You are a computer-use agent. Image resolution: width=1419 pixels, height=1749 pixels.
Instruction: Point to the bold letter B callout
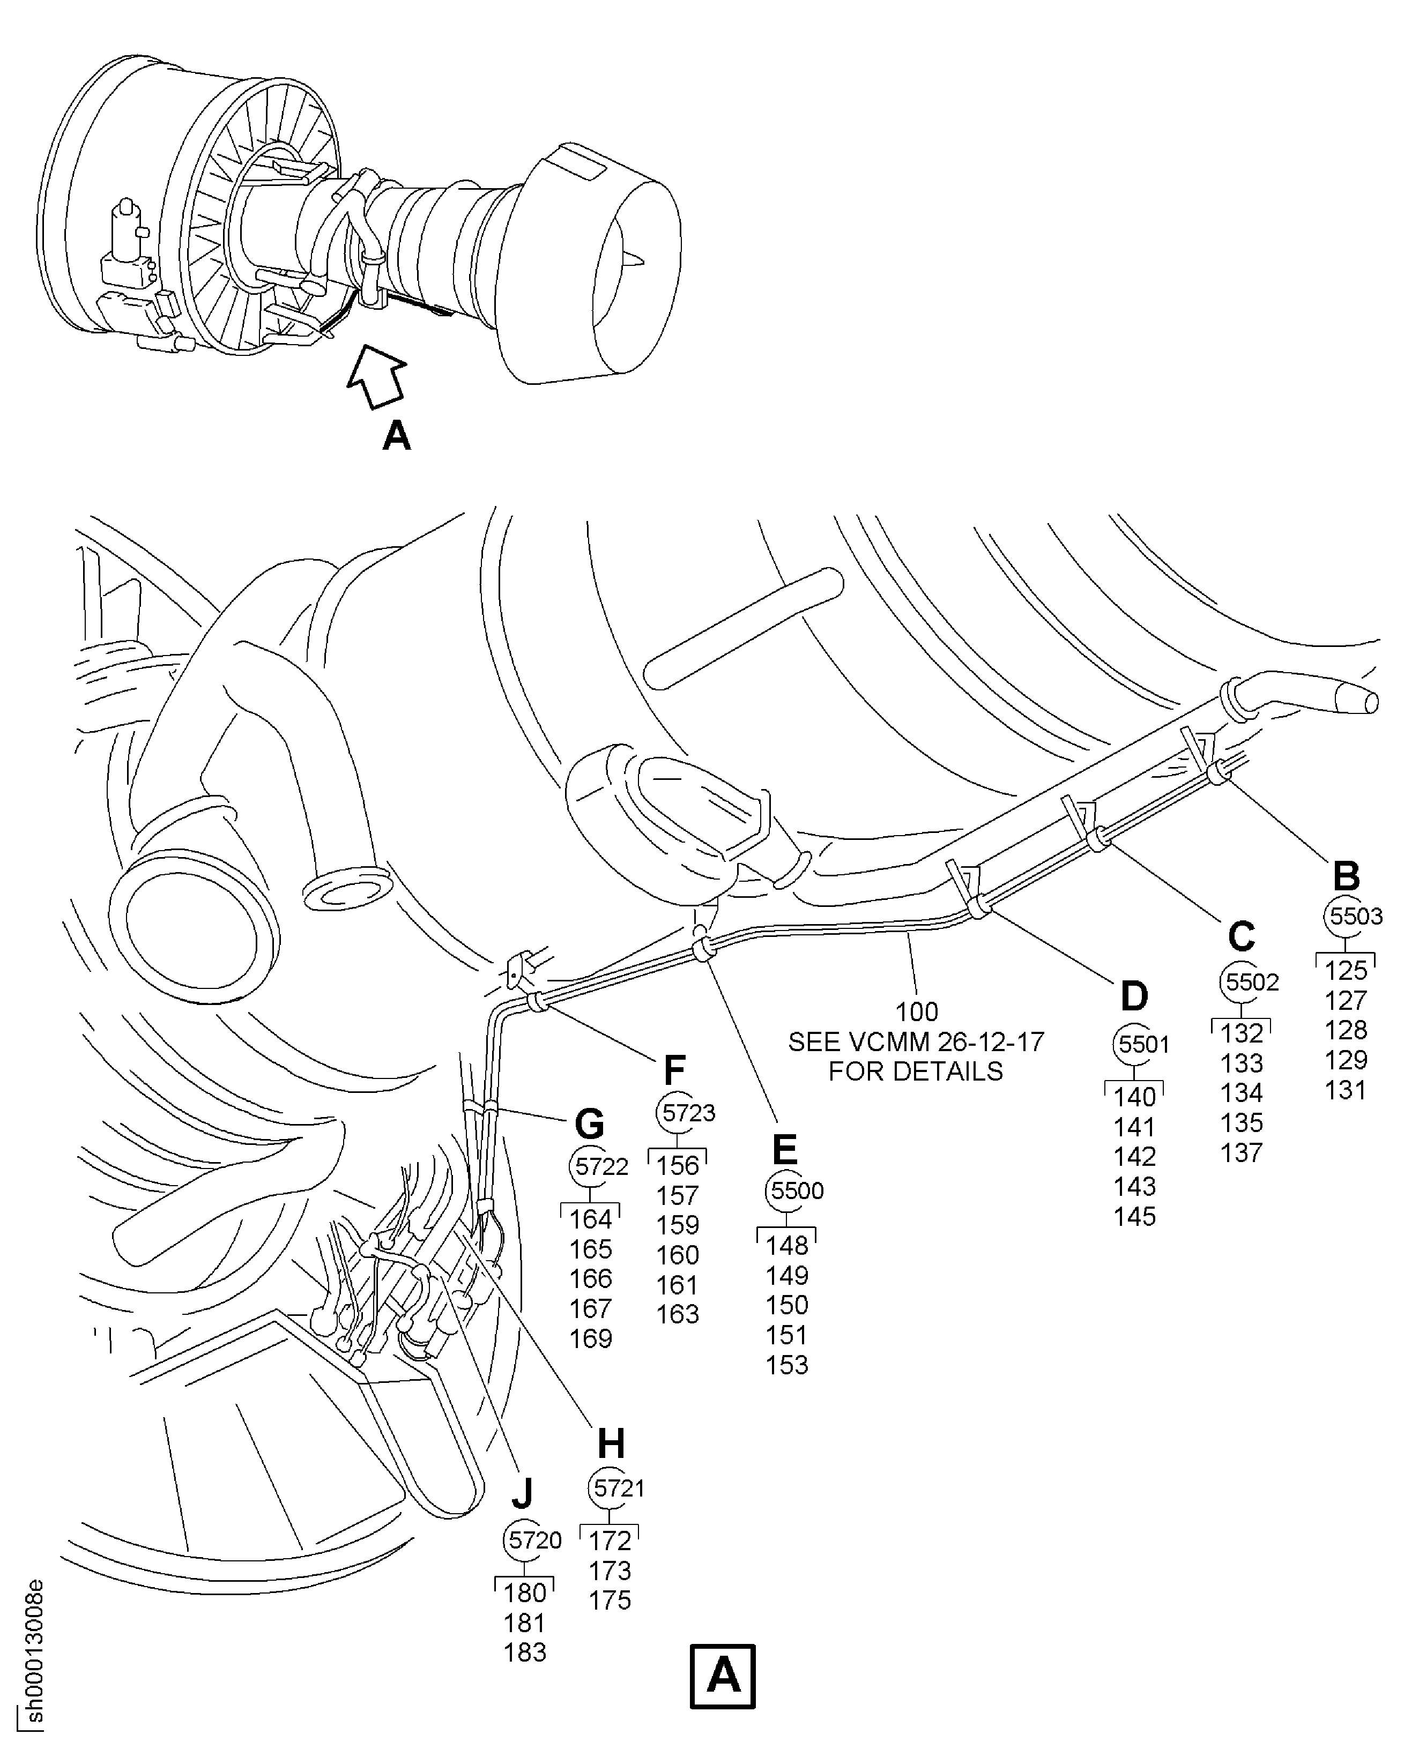click(1346, 876)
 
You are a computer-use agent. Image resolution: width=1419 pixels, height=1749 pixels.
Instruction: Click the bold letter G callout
click(589, 1125)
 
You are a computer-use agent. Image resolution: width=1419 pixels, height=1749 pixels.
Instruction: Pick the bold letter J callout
click(522, 1493)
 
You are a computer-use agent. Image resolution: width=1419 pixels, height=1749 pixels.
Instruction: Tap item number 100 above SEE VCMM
click(916, 1012)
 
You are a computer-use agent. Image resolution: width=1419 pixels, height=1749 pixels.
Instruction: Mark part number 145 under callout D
click(1134, 1216)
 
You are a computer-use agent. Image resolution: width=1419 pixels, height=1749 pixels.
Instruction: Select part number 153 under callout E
click(786, 1365)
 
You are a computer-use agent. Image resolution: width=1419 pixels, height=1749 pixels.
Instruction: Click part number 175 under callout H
click(610, 1600)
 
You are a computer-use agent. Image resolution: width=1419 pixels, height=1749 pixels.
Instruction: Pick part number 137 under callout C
click(1242, 1152)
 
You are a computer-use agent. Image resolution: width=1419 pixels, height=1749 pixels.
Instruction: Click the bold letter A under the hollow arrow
click(397, 436)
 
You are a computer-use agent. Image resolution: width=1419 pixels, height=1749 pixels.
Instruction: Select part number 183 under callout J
click(525, 1653)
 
